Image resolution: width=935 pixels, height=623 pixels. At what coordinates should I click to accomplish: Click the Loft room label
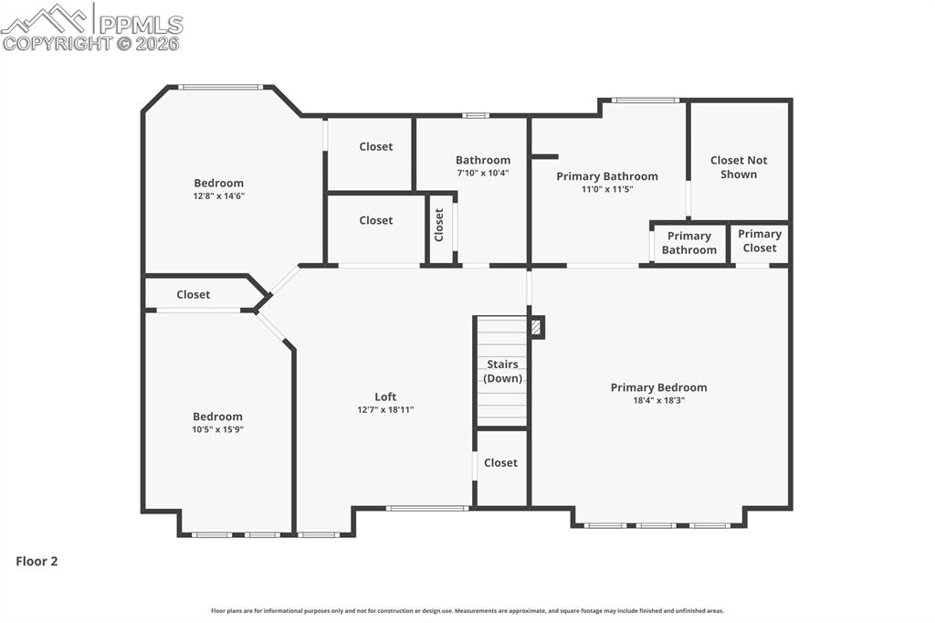click(x=385, y=396)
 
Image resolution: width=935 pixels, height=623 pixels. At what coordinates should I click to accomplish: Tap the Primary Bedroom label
click(x=658, y=387)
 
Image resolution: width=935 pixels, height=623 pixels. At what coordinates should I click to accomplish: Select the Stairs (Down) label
click(x=501, y=371)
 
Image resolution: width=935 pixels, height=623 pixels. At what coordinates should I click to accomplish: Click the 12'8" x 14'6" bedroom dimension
click(x=218, y=195)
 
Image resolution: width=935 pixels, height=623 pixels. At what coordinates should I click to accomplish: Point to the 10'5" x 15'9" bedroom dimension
click(x=217, y=429)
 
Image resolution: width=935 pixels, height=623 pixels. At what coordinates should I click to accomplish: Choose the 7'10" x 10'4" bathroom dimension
click(x=482, y=173)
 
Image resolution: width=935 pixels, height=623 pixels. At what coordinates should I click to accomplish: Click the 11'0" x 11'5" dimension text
click(x=606, y=189)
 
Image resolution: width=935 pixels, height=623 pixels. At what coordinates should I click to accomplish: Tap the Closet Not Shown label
click(x=739, y=167)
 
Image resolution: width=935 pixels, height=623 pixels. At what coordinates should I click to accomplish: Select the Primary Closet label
click(x=759, y=241)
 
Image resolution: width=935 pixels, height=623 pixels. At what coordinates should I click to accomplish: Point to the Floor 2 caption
click(x=37, y=562)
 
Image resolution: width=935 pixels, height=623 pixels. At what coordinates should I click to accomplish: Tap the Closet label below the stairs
click(x=500, y=463)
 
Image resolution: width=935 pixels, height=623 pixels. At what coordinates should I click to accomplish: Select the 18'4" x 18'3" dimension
click(x=658, y=400)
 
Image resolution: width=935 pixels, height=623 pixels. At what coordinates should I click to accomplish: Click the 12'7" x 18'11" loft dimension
click(x=385, y=409)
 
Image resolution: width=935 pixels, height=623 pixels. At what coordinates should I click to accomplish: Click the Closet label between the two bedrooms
click(x=193, y=294)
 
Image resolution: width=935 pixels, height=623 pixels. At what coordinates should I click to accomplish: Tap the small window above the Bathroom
click(x=475, y=115)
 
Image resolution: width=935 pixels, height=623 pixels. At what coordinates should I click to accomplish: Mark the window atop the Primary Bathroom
click(x=645, y=100)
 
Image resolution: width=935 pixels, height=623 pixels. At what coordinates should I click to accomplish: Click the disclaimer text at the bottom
click(x=467, y=611)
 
